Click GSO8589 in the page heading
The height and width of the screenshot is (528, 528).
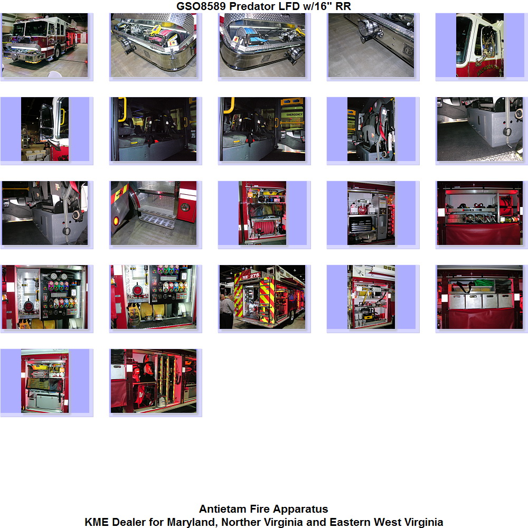click(201, 6)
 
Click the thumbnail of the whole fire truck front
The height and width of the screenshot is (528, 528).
click(45, 45)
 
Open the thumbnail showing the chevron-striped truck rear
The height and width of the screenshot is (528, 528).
click(262, 297)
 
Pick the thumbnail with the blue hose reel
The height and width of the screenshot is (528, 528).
click(262, 45)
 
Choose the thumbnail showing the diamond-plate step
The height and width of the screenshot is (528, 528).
click(154, 213)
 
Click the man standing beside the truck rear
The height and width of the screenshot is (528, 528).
click(227, 310)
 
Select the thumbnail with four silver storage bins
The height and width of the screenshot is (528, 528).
click(480, 297)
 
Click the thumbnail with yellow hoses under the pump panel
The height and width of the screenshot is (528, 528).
click(154, 297)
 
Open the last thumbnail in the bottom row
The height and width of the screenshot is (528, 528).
click(154, 381)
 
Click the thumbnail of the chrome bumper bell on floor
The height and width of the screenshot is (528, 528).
click(371, 45)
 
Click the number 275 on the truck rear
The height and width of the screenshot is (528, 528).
click(254, 276)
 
